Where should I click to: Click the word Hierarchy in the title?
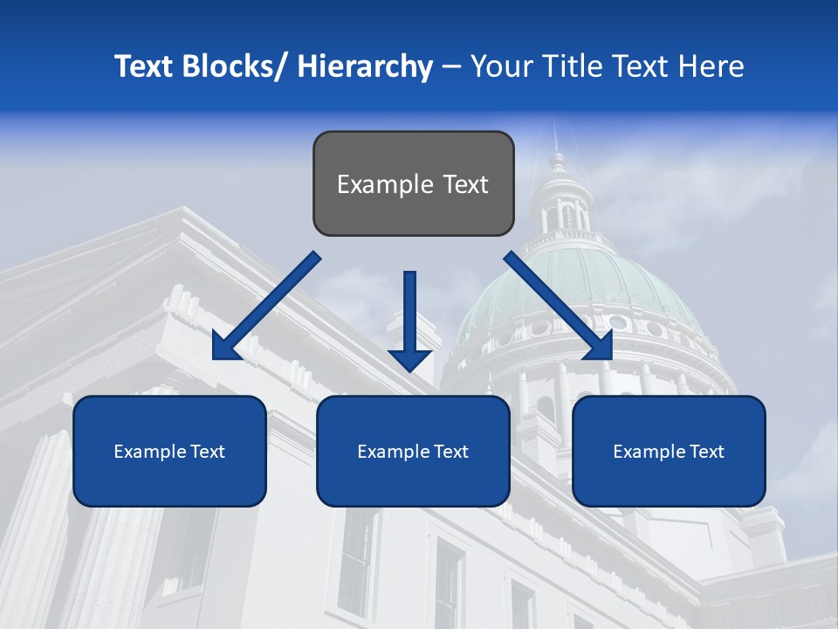tap(365, 67)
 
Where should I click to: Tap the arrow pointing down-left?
tap(266, 306)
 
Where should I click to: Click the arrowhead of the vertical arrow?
tap(409, 358)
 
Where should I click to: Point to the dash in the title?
tap(451, 67)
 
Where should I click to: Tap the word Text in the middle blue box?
tap(450, 452)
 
